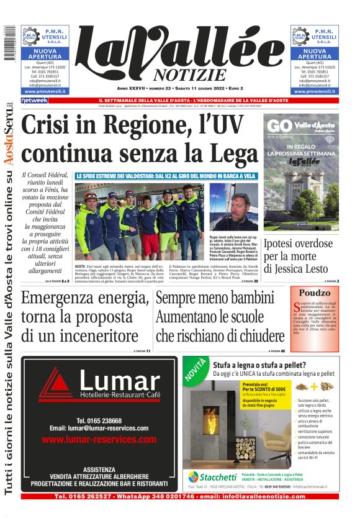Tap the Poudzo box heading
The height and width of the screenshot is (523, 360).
pyautogui.click(x=313, y=293)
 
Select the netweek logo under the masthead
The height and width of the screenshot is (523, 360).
pyautogui.click(x=34, y=100)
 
